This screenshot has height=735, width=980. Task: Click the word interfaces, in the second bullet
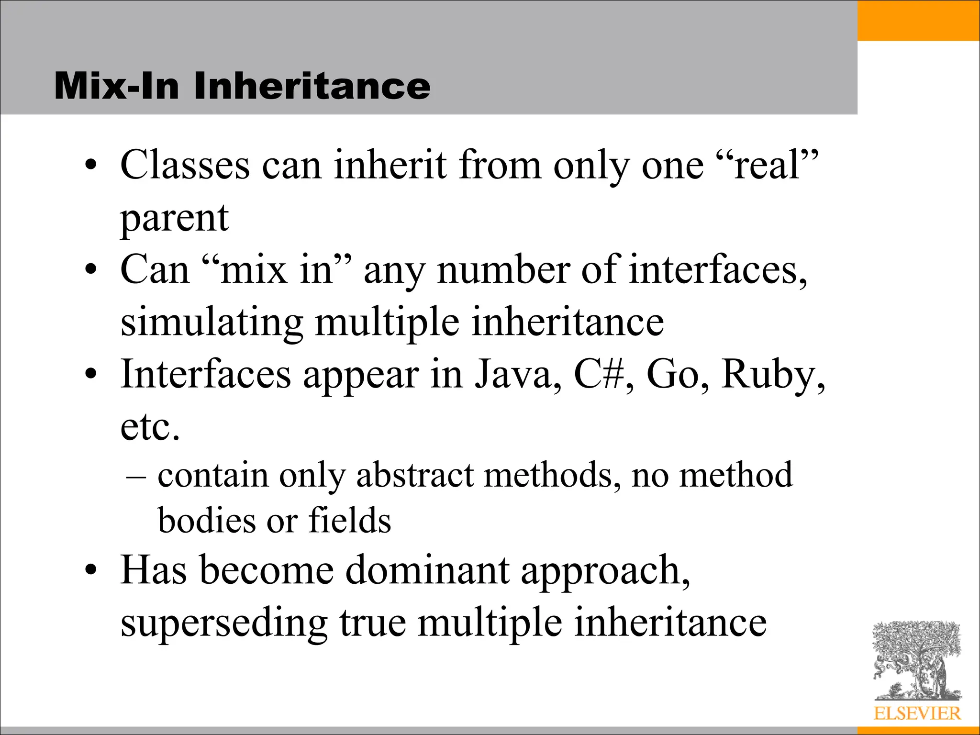tap(718, 270)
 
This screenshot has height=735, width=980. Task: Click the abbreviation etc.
tap(150, 427)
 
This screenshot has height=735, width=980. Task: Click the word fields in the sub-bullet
tap(350, 520)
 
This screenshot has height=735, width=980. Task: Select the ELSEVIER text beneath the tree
tap(917, 713)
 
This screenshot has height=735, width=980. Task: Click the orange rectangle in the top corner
tap(918, 20)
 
